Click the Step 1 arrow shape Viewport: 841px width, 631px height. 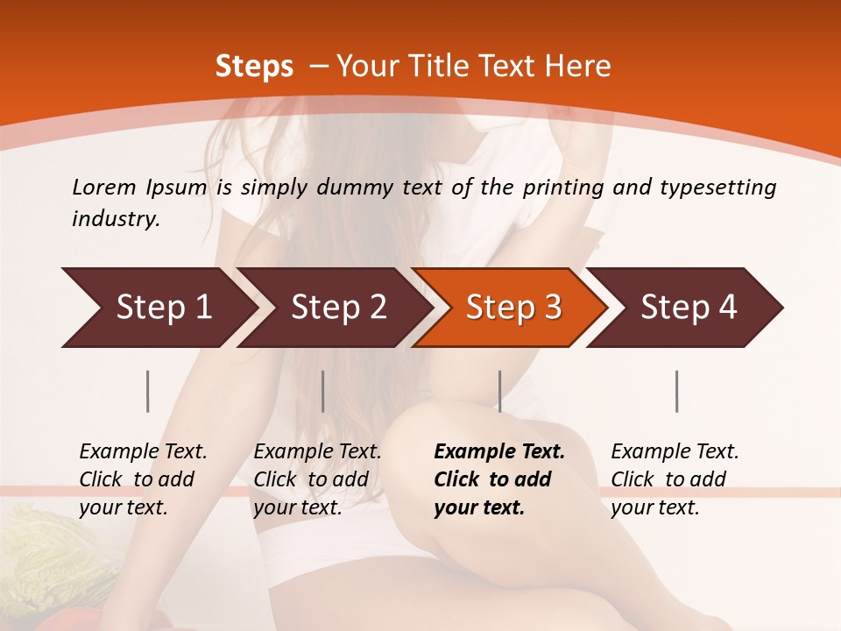tap(158, 308)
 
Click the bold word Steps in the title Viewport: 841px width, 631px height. tap(254, 66)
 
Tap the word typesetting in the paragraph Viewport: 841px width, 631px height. tap(714, 187)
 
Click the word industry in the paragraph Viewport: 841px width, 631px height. tap(115, 218)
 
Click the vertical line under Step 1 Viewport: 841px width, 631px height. tap(148, 391)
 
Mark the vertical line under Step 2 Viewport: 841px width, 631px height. tap(323, 391)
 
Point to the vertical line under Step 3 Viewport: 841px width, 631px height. tap(499, 391)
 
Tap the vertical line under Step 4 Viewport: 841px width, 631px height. tap(676, 391)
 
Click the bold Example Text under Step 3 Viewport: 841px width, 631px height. tap(499, 452)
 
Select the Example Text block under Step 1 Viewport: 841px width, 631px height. tap(143, 479)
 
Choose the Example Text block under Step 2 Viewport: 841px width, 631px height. tap(317, 479)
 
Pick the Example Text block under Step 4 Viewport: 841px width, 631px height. tap(675, 479)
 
